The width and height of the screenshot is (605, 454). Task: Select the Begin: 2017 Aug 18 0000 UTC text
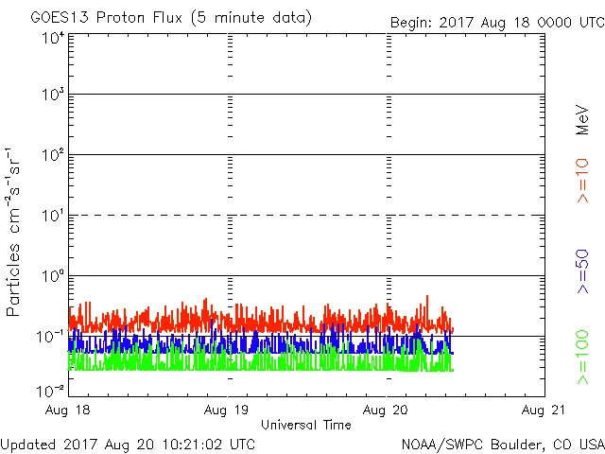click(497, 22)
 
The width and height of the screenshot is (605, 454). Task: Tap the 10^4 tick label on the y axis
click(53, 39)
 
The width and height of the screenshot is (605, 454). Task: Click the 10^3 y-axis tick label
click(53, 96)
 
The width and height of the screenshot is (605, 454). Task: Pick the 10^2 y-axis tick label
click(53, 156)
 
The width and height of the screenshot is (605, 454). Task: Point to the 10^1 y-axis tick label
click(53, 217)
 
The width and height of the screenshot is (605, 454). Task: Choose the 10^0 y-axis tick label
click(53, 277)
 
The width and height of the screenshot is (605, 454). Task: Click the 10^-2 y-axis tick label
click(51, 391)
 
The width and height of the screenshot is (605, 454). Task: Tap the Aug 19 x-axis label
click(228, 410)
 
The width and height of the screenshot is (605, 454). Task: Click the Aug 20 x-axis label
click(387, 410)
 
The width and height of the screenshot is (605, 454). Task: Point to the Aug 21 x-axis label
click(543, 410)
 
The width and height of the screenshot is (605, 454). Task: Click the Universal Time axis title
click(305, 425)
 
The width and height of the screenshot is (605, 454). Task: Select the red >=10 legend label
click(582, 179)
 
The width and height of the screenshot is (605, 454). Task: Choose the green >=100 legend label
click(582, 358)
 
